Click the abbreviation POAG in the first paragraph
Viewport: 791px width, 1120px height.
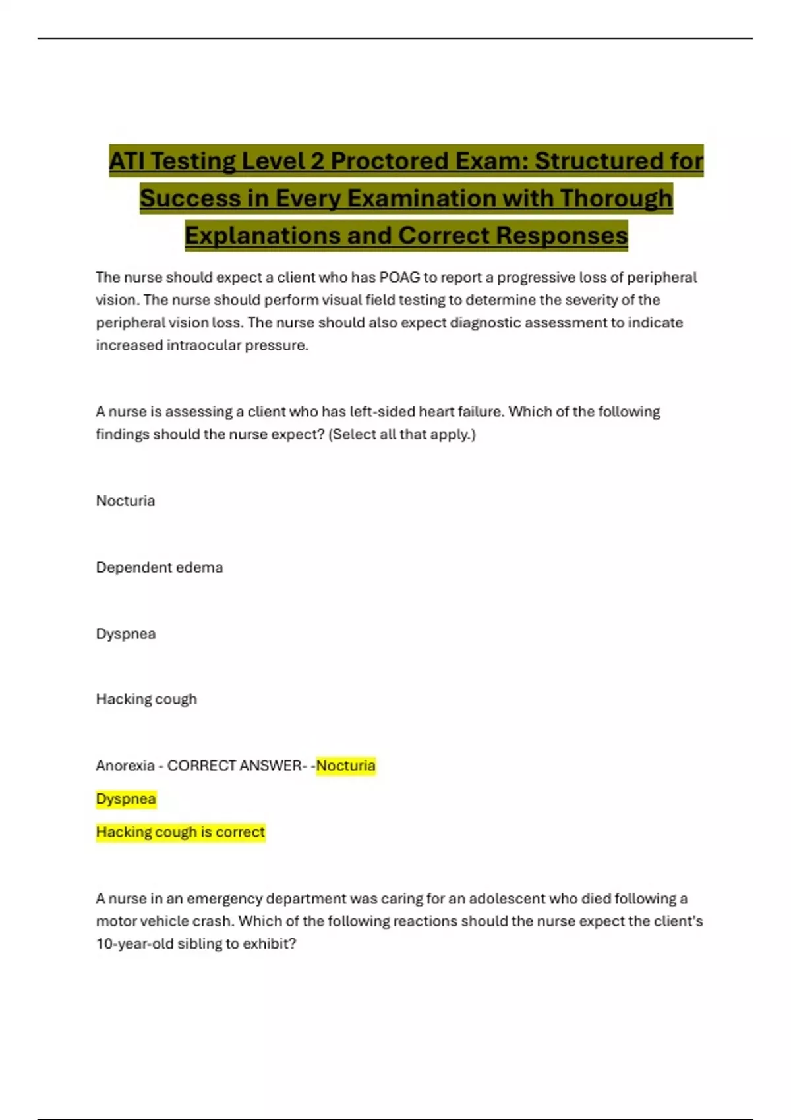click(x=399, y=277)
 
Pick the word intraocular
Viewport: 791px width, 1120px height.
click(x=204, y=345)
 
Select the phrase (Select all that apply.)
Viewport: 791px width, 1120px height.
click(x=401, y=435)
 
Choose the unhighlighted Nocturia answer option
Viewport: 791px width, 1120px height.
click(x=125, y=501)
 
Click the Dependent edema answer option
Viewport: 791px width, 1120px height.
click(x=159, y=567)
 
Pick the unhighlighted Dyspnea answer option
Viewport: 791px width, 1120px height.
click(x=125, y=634)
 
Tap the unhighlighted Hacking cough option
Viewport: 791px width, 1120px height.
click(x=146, y=699)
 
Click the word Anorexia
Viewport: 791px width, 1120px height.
click(x=125, y=766)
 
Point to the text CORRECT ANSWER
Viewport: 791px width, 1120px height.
click(x=234, y=766)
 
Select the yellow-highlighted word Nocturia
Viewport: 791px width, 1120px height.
click(x=345, y=766)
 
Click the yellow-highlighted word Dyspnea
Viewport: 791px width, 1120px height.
click(x=125, y=799)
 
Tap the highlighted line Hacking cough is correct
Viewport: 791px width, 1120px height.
click(x=180, y=832)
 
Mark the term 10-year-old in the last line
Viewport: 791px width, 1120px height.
click(x=134, y=943)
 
